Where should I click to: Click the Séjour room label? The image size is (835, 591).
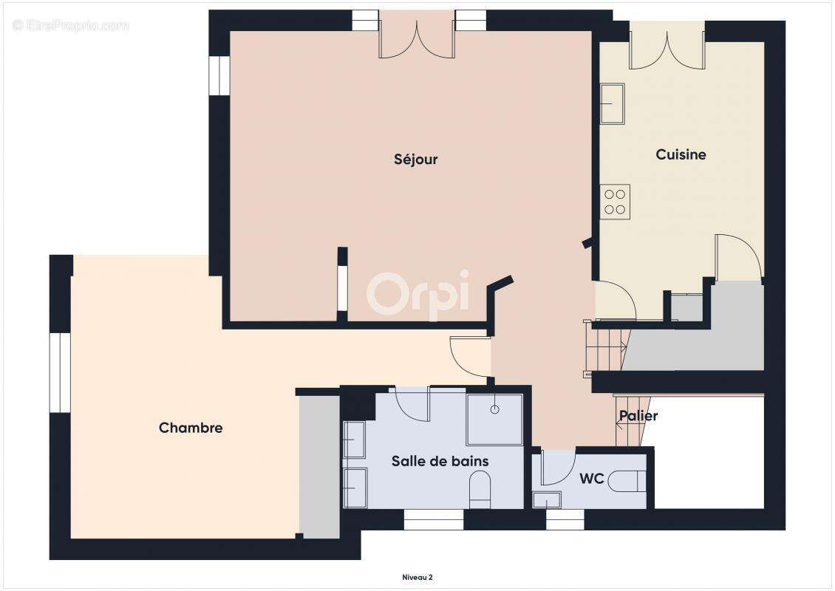416,160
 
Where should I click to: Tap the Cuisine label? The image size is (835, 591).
681,154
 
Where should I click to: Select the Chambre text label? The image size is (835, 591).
191,428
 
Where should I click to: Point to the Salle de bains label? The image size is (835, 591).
440,461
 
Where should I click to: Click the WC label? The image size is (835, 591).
591,479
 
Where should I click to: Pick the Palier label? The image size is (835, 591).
638,416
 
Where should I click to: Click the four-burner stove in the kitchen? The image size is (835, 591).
616,202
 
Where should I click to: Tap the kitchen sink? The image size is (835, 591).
612,103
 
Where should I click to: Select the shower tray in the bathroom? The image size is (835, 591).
494,418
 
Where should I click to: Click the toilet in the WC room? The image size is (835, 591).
629,481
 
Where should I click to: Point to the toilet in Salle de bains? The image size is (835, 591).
480,488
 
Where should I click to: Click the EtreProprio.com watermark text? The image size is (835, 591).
71,26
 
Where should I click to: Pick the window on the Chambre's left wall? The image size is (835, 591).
60,372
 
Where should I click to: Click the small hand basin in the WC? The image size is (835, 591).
547,499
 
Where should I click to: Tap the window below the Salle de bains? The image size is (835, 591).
433,520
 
